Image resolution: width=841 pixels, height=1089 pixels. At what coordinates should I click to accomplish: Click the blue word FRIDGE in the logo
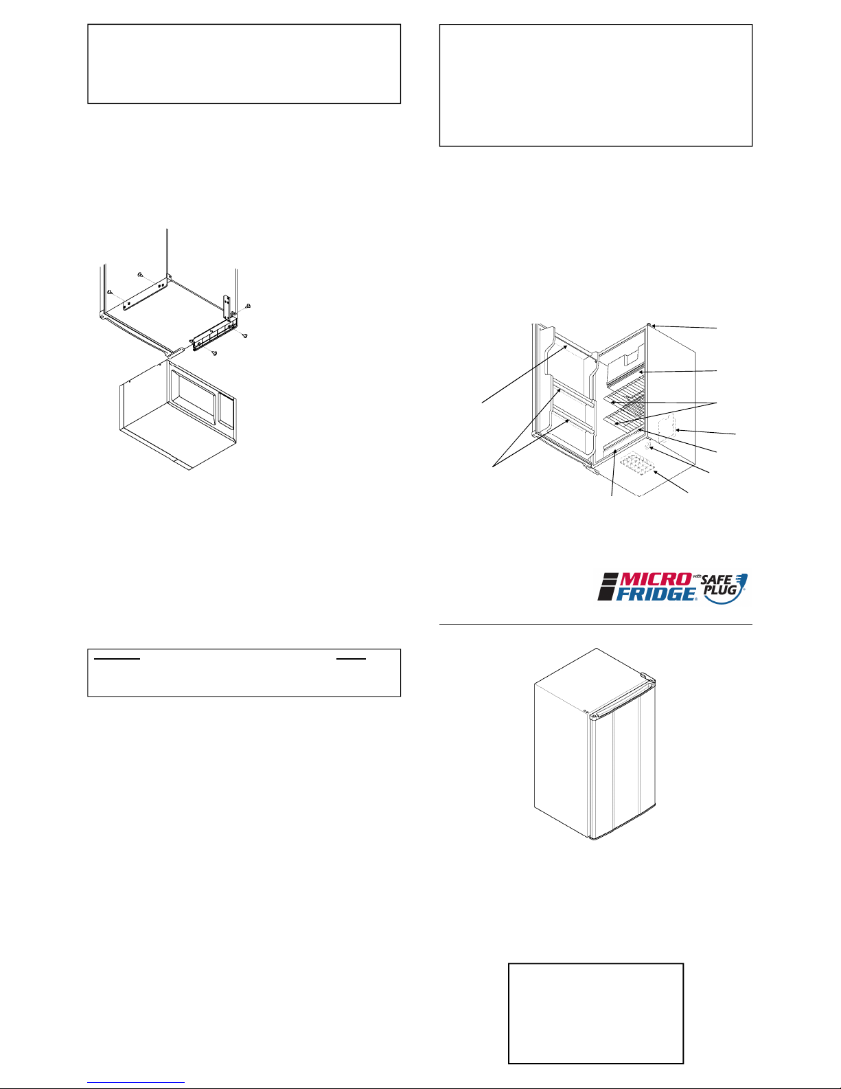click(x=656, y=594)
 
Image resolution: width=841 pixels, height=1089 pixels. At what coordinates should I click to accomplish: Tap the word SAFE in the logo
click(x=716, y=580)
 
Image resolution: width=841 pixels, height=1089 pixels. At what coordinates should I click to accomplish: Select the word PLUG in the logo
click(x=720, y=590)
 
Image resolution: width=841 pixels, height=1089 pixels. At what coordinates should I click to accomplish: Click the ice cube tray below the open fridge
click(x=636, y=464)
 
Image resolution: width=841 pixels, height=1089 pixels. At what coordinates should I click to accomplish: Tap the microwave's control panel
click(x=227, y=412)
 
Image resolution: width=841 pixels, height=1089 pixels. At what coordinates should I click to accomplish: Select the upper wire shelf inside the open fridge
click(x=625, y=392)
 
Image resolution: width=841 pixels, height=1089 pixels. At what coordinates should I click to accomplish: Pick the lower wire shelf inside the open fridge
click(x=625, y=416)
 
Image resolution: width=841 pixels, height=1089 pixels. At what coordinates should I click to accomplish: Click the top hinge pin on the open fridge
click(x=648, y=325)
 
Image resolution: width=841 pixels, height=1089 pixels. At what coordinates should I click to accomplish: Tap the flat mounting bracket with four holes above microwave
click(x=145, y=292)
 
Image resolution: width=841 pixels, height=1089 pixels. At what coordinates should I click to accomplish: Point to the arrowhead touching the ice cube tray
click(x=656, y=473)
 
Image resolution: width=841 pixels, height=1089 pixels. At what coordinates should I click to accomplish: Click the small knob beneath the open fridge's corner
click(x=649, y=445)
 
